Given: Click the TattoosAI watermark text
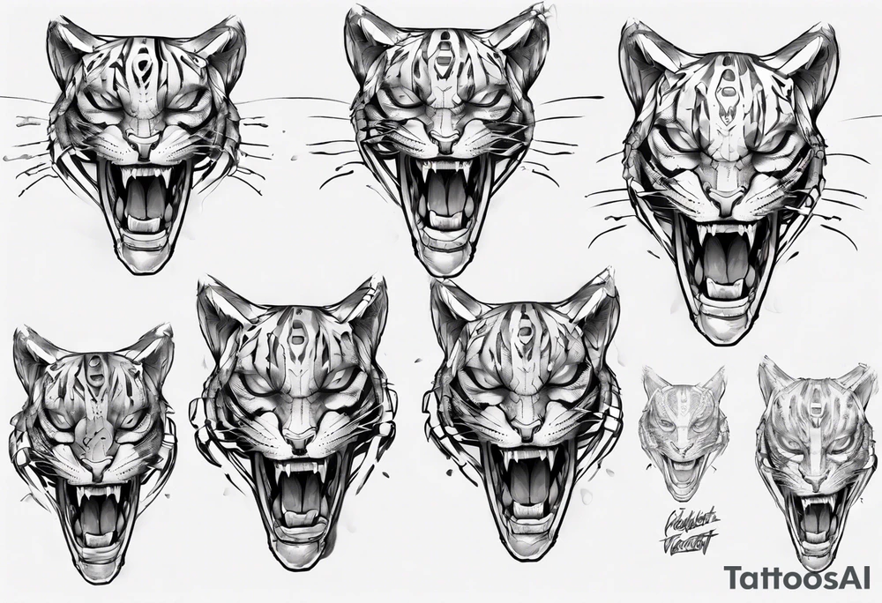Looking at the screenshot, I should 799,577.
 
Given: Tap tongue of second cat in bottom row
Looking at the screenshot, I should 298,510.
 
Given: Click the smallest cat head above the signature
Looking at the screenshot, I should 686,432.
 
